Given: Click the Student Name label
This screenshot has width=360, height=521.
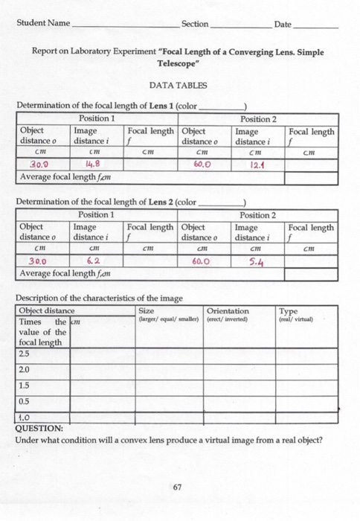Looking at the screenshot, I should coord(43,25).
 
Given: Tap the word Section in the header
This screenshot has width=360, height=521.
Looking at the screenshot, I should coord(195,25).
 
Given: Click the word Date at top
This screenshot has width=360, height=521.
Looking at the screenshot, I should coord(283,25).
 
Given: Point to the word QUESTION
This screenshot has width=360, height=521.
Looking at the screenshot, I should coord(39,428).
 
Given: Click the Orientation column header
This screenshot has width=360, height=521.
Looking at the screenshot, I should coord(228,311).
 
